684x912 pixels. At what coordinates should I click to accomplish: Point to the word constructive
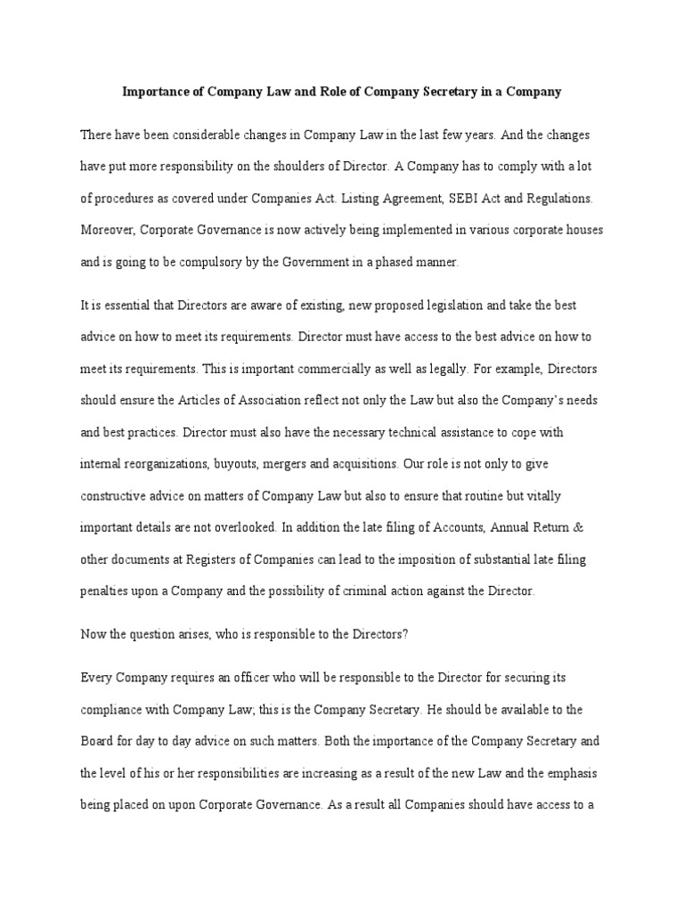click(117, 495)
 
